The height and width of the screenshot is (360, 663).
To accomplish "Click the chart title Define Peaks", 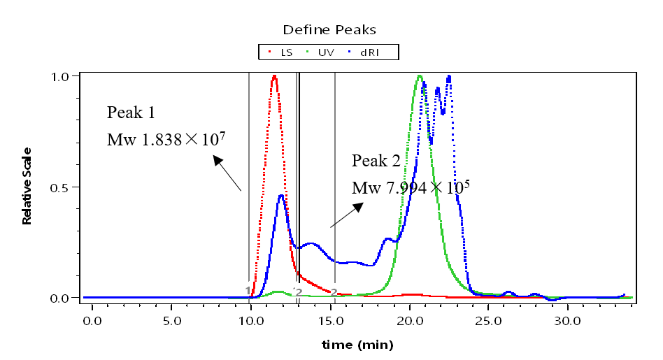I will tap(329, 29).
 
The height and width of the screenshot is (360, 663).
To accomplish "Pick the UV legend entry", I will tap(321, 52).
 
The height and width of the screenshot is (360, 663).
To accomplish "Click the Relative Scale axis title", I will tap(27, 186).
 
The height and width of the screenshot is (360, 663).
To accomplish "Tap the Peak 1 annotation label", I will tap(131, 113).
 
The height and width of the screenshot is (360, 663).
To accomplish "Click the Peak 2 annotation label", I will tap(376, 161).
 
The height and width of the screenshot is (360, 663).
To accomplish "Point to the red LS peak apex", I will tap(274, 76).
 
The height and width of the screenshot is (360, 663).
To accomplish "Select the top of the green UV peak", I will tap(420, 76).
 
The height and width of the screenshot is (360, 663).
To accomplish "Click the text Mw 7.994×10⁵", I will tap(410, 187).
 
